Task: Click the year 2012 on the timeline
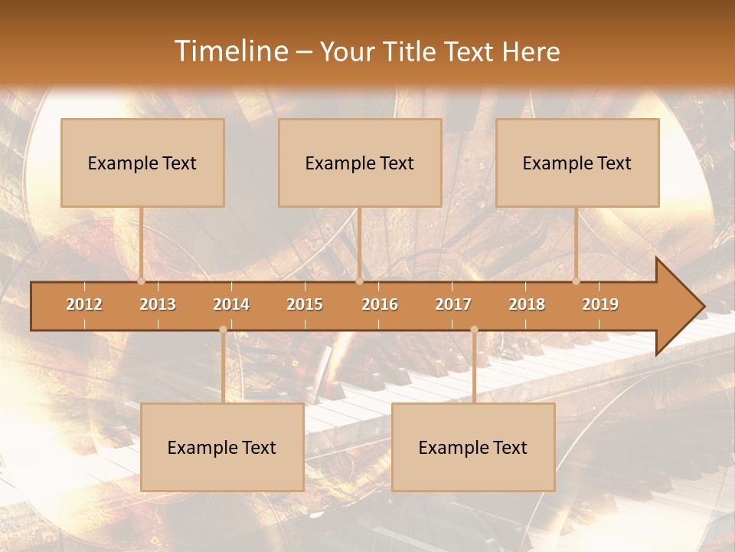84,304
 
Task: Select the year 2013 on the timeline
158,304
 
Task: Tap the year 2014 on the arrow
231,304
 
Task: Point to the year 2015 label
305,304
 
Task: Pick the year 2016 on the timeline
380,304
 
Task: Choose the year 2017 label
453,304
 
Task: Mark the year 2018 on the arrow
527,304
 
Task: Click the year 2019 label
600,304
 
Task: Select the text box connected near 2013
142,163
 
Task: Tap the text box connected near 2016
360,163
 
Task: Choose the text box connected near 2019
577,163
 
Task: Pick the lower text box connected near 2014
222,447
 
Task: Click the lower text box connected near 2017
473,447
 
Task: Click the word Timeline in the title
230,51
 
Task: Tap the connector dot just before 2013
141,281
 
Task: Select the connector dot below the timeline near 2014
223,330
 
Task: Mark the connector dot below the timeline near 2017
474,330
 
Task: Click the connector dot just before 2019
576,281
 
